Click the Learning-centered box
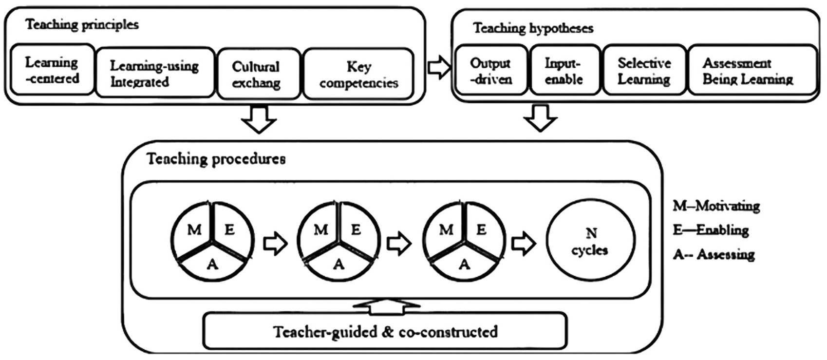pos(53,70)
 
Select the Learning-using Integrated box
pos(155,73)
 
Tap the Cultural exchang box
pos(259,74)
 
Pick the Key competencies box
pos(358,74)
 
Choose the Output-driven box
pos(491,70)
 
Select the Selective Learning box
pos(645,70)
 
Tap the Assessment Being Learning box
pos(752,70)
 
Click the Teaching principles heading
pos(82,25)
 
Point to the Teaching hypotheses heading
pos(533,28)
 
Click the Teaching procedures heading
pos(216,159)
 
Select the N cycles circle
pos(591,240)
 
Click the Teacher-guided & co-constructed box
pos(385,331)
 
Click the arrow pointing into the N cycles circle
pos(524,243)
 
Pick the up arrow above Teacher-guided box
pos(387,306)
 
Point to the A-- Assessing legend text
pos(714,254)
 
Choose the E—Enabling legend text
pos(711,230)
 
